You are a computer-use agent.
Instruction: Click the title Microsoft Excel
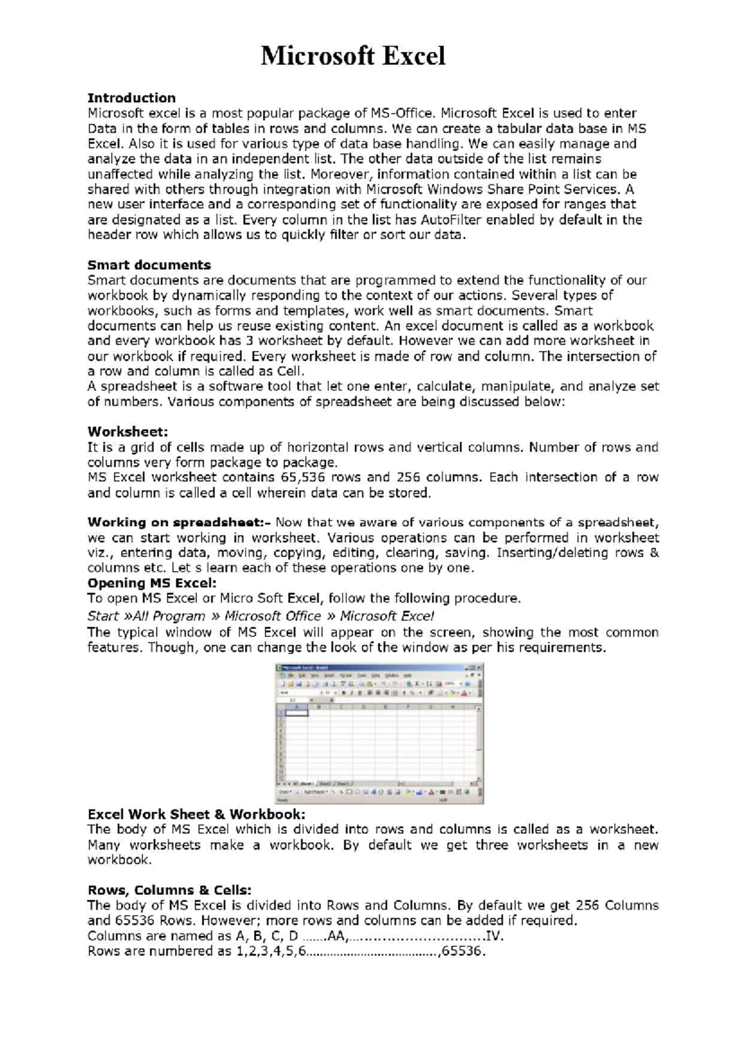352,56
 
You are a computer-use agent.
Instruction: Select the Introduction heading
131,98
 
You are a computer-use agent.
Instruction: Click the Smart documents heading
149,265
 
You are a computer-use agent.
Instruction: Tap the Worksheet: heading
127,431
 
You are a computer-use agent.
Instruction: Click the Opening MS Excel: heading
152,583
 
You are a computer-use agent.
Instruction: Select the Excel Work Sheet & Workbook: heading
196,814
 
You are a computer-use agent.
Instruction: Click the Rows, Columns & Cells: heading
169,890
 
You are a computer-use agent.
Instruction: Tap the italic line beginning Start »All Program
260,616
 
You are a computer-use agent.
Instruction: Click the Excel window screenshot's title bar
371,668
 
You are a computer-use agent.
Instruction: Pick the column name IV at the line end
495,936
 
